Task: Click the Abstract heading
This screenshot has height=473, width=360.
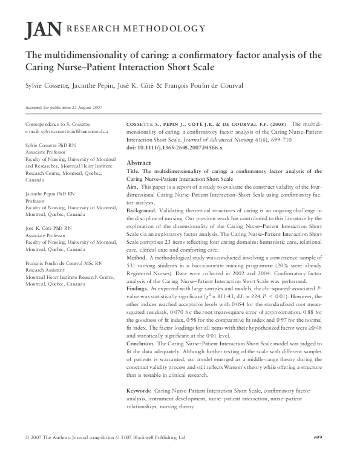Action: click(139, 163)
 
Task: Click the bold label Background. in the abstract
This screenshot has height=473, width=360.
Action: click(142, 209)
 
